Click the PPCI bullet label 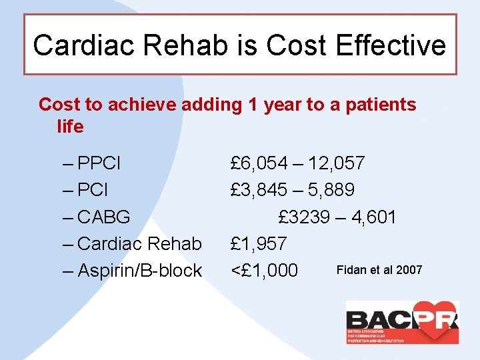click(99, 163)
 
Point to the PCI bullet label click(93, 190)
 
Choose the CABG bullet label click(103, 217)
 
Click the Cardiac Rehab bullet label click(139, 244)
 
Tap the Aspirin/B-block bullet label click(139, 271)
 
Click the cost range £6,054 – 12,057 click(297, 163)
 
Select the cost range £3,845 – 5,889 click(292, 190)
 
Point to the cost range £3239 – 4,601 click(337, 217)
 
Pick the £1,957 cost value click(259, 244)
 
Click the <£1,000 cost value click(263, 271)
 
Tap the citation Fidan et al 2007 click(379, 270)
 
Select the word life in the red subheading click(70, 127)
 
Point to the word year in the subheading click(283, 105)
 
